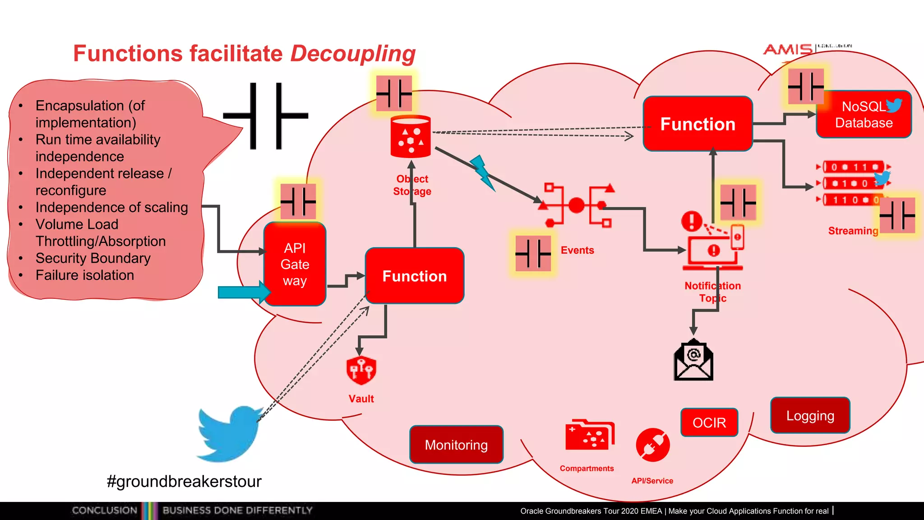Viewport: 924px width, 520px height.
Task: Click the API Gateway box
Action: click(295, 265)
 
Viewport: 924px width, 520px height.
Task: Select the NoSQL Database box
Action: click(864, 115)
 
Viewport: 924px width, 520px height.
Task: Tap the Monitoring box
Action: click(456, 445)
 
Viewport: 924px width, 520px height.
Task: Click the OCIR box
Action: click(709, 422)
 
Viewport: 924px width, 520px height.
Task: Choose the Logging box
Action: click(810, 416)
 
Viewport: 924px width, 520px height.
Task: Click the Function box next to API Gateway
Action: click(414, 276)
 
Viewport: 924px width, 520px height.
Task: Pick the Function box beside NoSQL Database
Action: click(698, 124)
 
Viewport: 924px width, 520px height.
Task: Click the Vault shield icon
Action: click(361, 370)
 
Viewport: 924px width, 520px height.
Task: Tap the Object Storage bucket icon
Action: click(411, 137)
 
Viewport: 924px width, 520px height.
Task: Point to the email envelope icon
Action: click(693, 361)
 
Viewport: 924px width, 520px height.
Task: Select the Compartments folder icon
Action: click(589, 436)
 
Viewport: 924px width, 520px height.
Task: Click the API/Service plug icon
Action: click(652, 445)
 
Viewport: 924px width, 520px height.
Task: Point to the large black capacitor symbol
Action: click(266, 116)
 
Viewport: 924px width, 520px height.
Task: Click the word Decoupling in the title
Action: click(353, 54)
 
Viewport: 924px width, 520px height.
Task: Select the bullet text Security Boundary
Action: click(93, 258)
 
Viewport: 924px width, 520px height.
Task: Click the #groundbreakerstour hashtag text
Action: click(184, 481)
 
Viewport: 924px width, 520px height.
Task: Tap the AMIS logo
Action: click(788, 49)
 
